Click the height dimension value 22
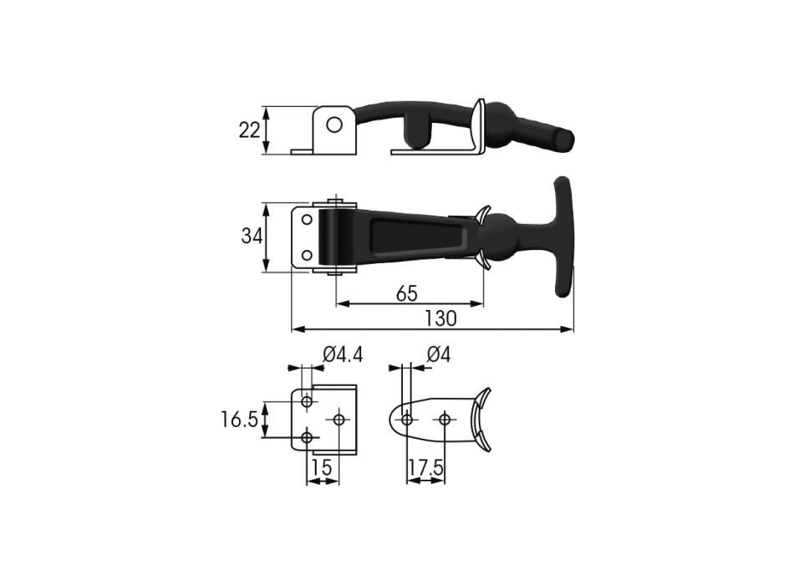click(249, 130)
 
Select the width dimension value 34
click(252, 236)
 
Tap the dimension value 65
click(407, 293)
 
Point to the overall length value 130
click(440, 318)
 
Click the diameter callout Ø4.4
click(343, 354)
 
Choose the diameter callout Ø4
click(439, 354)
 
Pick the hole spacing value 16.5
click(240, 420)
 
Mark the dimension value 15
click(322, 467)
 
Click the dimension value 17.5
click(426, 468)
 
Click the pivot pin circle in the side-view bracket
click(334, 124)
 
